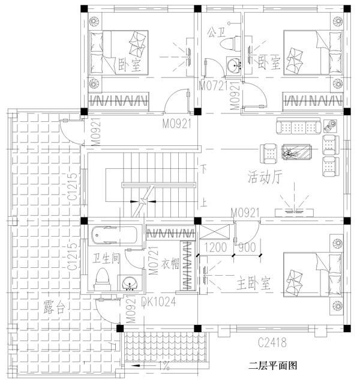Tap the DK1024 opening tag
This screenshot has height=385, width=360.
click(x=159, y=302)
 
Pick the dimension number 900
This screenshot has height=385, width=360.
click(x=246, y=247)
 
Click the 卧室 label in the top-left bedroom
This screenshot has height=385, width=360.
click(x=130, y=64)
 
